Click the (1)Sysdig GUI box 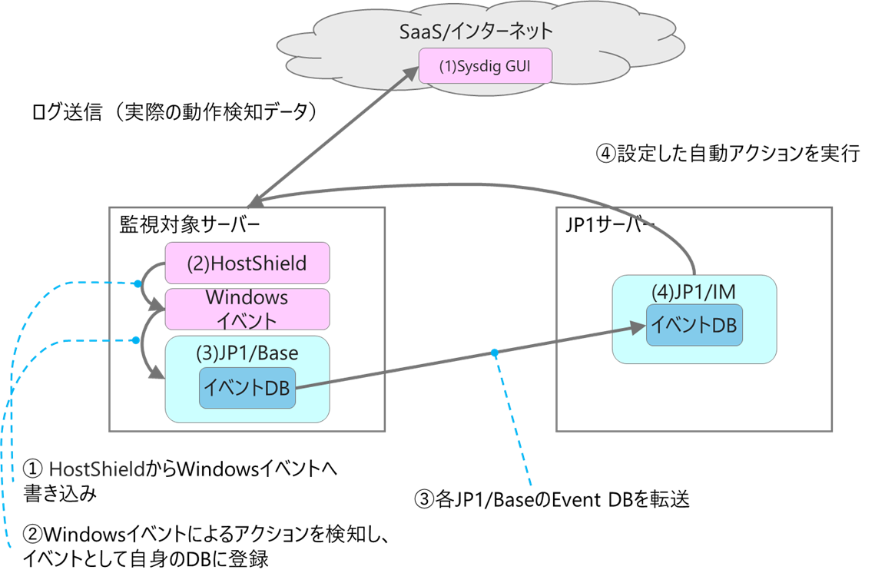click(x=485, y=66)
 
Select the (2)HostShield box click(x=247, y=263)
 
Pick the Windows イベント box click(x=247, y=308)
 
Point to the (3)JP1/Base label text click(x=247, y=354)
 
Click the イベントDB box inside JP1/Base click(x=247, y=388)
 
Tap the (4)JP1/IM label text click(x=694, y=293)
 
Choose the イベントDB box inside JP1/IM click(x=694, y=325)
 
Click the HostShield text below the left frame click(x=97, y=469)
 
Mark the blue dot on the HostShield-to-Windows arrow click(x=138, y=284)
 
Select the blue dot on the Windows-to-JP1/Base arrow click(x=137, y=340)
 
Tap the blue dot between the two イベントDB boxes click(x=495, y=353)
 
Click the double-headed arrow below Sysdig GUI click(x=330, y=138)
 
